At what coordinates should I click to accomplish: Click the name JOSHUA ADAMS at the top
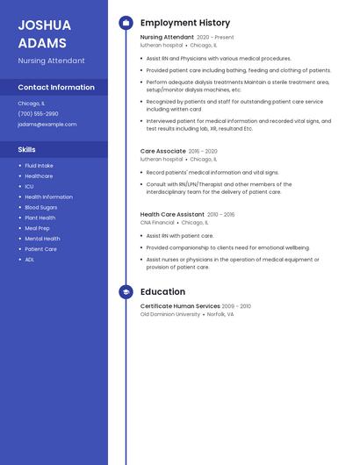pyautogui.click(x=42, y=33)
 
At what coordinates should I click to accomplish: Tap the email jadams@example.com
pyautogui.click(x=47, y=125)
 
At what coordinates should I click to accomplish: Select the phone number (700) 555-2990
pyautogui.click(x=38, y=114)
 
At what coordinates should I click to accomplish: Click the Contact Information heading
pyautogui.click(x=56, y=88)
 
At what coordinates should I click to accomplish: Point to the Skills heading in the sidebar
pyautogui.click(x=26, y=150)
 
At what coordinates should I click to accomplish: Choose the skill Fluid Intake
pyautogui.click(x=39, y=166)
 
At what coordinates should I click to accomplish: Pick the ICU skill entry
pyautogui.click(x=29, y=187)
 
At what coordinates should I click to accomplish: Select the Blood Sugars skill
pyautogui.click(x=41, y=208)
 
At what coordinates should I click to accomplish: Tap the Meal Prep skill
pyautogui.click(x=37, y=228)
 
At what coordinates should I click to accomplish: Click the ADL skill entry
pyautogui.click(x=30, y=260)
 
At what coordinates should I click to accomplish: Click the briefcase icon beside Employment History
pyautogui.click(x=126, y=23)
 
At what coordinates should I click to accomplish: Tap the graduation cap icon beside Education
pyautogui.click(x=126, y=292)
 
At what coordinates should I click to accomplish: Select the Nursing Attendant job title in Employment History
pyautogui.click(x=167, y=38)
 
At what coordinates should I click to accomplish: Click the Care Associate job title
pyautogui.click(x=162, y=151)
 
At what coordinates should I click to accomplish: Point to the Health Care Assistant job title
pyautogui.click(x=172, y=214)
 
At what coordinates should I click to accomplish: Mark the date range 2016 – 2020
pyautogui.click(x=203, y=152)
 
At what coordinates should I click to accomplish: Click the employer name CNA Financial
pyautogui.click(x=157, y=223)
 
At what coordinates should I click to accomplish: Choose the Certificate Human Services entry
pyautogui.click(x=180, y=306)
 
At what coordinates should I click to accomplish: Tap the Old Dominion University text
pyautogui.click(x=170, y=314)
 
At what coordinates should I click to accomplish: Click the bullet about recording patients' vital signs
pyautogui.click(x=212, y=173)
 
